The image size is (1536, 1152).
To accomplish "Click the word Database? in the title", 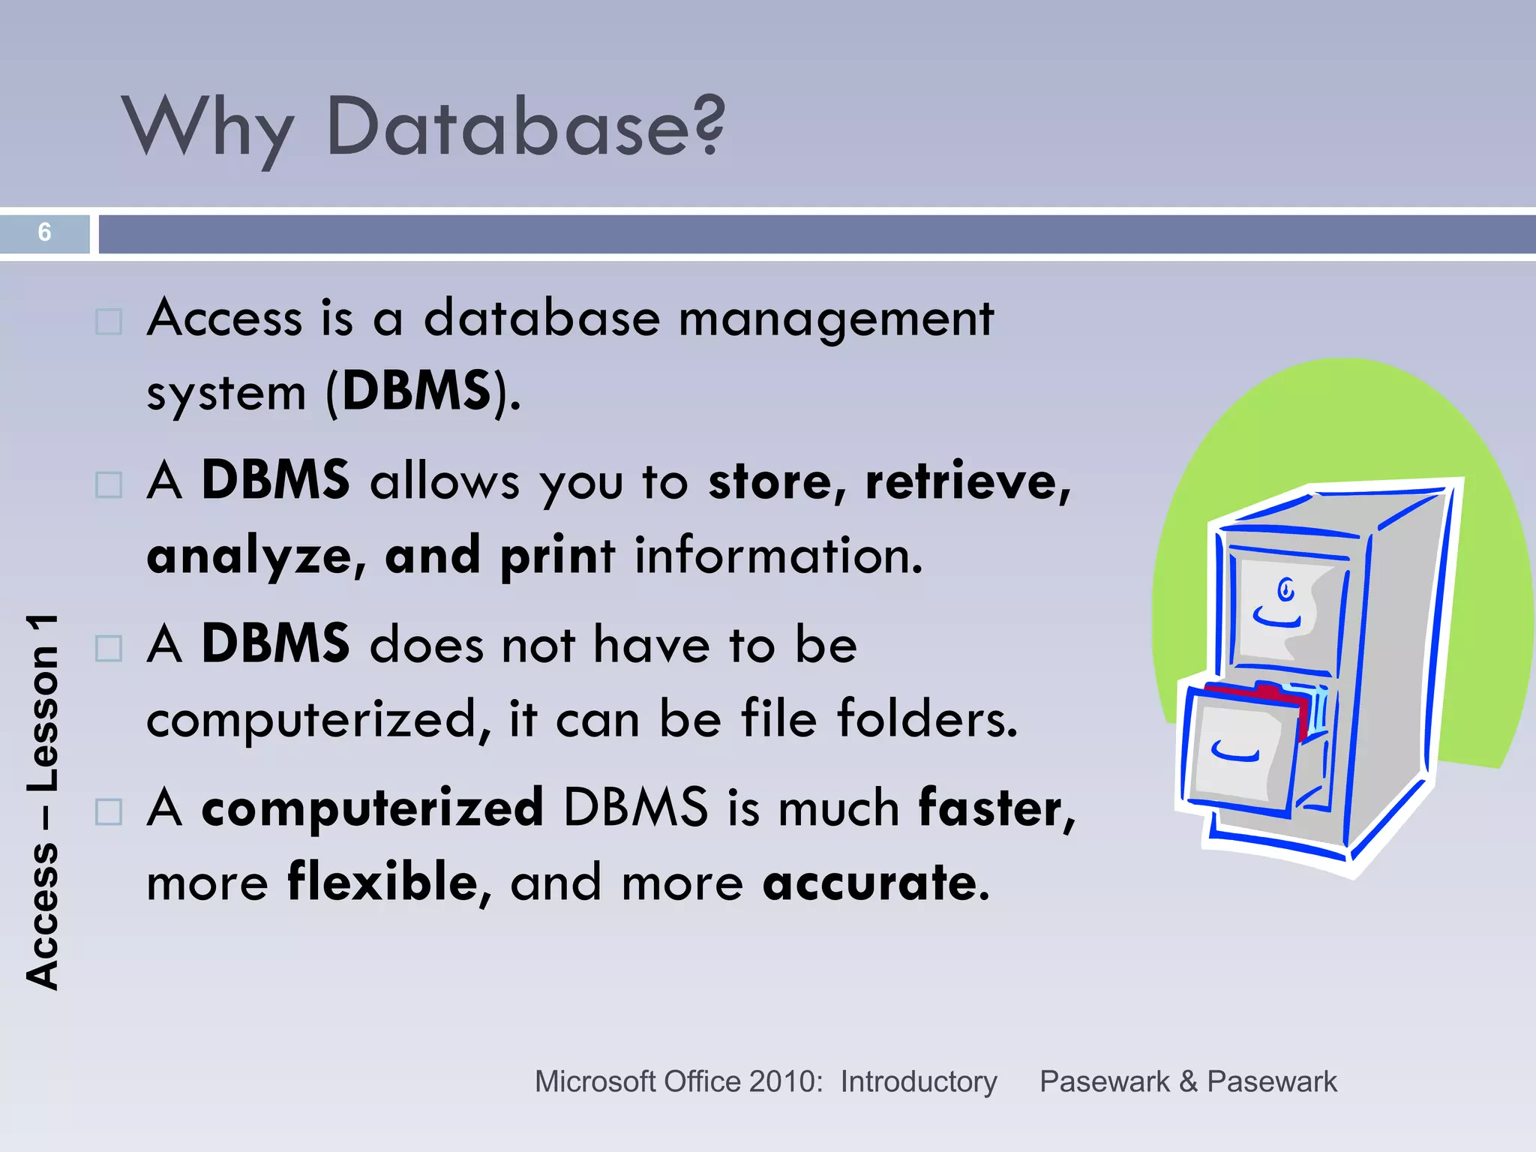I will click(x=525, y=127).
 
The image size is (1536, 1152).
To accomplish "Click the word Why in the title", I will click(x=208, y=127).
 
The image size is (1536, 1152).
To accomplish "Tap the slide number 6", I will click(x=44, y=232).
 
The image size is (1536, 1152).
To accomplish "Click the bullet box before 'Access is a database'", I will click(x=109, y=322).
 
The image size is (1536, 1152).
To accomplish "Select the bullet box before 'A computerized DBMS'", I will click(x=109, y=811).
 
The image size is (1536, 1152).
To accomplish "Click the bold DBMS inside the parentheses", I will click(x=417, y=391).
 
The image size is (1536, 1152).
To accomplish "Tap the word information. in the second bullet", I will click(x=778, y=556).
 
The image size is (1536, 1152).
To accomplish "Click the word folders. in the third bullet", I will click(x=927, y=718).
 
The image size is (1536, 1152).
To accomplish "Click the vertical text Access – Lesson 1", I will click(x=43, y=802).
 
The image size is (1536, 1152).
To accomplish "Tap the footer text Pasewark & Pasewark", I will click(x=1188, y=1081).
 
